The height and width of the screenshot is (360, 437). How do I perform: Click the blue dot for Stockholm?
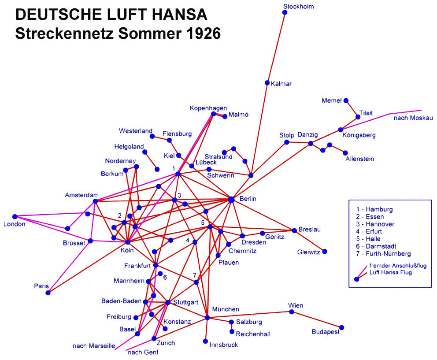285,12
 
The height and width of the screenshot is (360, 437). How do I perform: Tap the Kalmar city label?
281,84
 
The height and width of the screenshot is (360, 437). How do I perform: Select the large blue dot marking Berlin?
231,200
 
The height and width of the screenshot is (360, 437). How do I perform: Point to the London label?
15,224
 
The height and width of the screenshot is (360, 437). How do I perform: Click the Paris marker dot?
48,293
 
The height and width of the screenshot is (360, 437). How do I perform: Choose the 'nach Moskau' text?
413,118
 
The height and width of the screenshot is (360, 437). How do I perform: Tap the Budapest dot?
342,327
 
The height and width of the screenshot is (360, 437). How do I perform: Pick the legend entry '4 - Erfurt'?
369,231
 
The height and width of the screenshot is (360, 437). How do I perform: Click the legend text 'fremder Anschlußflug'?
398,265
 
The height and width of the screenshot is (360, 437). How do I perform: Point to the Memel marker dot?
346,100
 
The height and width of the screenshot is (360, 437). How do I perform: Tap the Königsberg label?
359,135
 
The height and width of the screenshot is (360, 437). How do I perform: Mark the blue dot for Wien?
292,312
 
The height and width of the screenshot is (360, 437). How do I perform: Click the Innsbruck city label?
223,345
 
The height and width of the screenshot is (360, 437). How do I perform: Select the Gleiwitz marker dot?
325,252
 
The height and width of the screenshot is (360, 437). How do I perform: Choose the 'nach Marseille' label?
94,346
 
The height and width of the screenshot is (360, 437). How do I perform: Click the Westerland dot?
152,136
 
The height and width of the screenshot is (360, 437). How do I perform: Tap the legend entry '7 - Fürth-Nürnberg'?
383,254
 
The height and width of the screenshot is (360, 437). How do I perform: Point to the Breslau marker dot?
294,230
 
